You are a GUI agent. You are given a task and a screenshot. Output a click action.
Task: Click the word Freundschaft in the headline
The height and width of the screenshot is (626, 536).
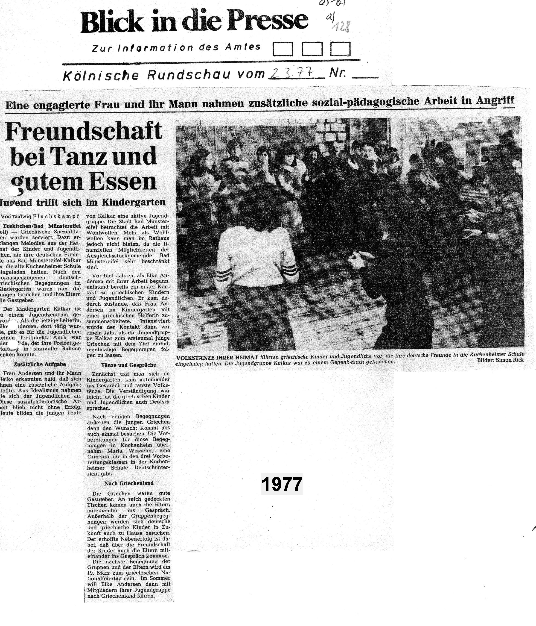[84, 131]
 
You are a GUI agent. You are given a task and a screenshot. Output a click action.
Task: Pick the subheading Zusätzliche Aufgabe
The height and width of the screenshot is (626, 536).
[40, 364]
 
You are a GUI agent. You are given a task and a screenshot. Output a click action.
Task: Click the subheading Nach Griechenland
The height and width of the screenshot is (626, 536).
[129, 483]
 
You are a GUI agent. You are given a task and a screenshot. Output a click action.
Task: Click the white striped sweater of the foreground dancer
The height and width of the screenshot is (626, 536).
[256, 257]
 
